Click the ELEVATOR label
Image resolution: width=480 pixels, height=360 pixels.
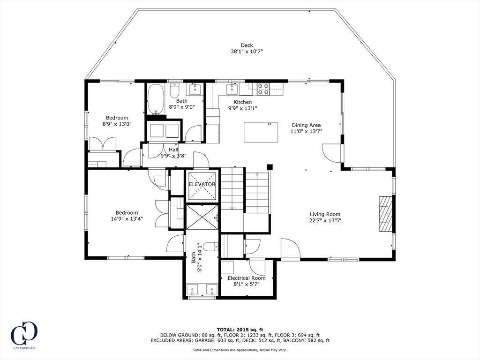(x=202, y=184)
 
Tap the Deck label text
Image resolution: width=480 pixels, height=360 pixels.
(x=247, y=45)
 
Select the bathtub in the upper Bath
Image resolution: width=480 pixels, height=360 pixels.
(x=156, y=99)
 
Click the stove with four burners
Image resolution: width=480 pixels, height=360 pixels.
(x=263, y=89)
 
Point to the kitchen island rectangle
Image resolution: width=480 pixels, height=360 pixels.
(x=261, y=132)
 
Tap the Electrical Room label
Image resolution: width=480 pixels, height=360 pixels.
(x=247, y=278)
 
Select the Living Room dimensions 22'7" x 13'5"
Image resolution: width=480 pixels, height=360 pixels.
(x=325, y=220)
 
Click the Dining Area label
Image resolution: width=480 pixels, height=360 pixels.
(x=306, y=125)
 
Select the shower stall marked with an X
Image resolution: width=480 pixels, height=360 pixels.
(x=202, y=217)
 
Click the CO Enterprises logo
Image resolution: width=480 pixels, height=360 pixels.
(x=24, y=335)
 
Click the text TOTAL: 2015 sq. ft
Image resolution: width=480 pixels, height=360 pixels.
(x=240, y=330)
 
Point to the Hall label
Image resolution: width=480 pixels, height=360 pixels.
(x=173, y=150)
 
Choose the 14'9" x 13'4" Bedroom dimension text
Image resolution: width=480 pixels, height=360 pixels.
(x=127, y=218)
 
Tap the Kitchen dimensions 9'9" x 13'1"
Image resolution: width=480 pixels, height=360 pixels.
(x=243, y=108)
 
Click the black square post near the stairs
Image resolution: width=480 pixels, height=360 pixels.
(x=270, y=167)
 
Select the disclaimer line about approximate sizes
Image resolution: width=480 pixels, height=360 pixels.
(x=240, y=350)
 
